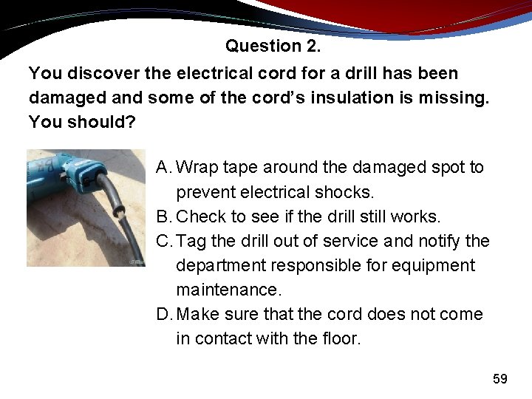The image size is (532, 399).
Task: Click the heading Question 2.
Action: (x=273, y=46)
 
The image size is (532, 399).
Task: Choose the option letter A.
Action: (x=163, y=168)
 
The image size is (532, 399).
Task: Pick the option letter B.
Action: (x=163, y=216)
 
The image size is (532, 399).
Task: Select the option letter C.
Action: (x=164, y=241)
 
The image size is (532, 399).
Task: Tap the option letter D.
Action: (x=164, y=314)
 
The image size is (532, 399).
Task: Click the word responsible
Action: (x=324, y=265)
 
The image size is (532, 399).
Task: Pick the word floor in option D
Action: (x=339, y=338)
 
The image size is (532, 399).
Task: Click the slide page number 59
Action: (x=500, y=379)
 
